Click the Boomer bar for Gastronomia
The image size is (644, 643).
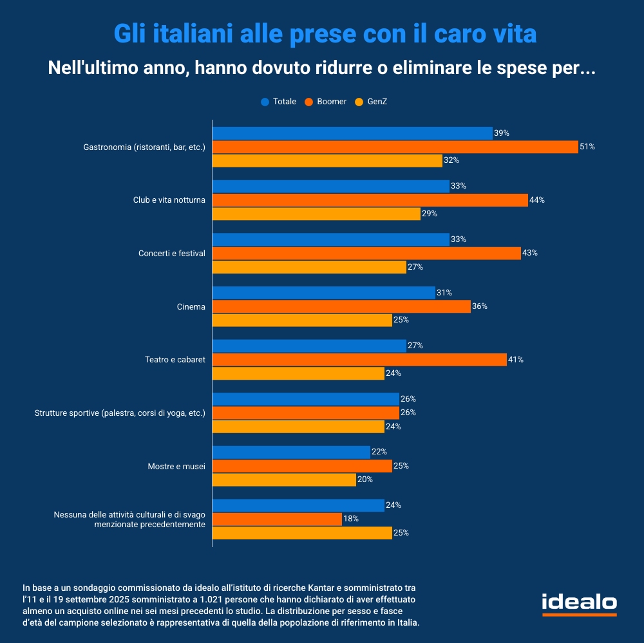(x=395, y=147)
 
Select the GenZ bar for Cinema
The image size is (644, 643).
(x=302, y=320)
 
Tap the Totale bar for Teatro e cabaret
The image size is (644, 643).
(x=309, y=346)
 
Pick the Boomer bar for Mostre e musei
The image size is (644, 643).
(x=302, y=465)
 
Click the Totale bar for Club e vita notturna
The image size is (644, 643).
(x=330, y=186)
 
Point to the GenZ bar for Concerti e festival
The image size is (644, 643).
(x=309, y=266)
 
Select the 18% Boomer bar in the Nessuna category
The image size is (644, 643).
(x=277, y=519)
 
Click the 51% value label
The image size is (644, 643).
(x=587, y=147)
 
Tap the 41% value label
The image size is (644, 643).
(x=516, y=360)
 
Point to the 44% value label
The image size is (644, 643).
(x=537, y=200)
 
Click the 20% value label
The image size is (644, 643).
(x=365, y=480)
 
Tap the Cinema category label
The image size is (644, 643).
(x=191, y=307)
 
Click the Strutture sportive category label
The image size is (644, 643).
(x=120, y=413)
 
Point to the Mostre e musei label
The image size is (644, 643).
(x=176, y=466)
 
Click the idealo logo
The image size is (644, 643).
(x=579, y=604)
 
